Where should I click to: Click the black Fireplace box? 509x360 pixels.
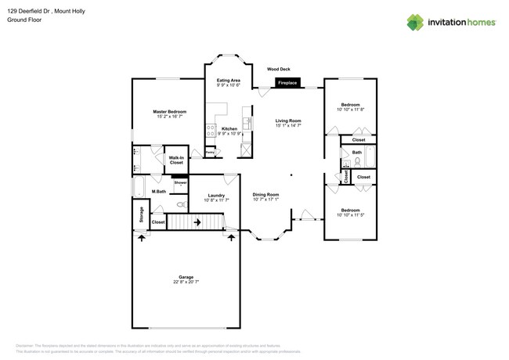pyautogui.click(x=287, y=82)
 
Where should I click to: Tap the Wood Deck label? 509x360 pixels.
pyautogui.click(x=278, y=69)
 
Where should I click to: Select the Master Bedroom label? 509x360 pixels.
pyautogui.click(x=170, y=112)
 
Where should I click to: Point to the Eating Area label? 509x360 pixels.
pyautogui.click(x=229, y=81)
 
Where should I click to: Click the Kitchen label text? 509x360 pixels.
pyautogui.click(x=229, y=128)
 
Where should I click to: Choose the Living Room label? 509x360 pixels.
pyautogui.click(x=288, y=121)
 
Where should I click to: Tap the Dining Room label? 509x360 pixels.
pyautogui.click(x=265, y=195)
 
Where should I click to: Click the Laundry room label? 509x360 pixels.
pyautogui.click(x=216, y=196)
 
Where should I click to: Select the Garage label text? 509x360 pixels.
pyautogui.click(x=186, y=277)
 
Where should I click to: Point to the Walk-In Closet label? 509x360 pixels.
pyautogui.click(x=177, y=160)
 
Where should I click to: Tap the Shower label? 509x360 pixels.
pyautogui.click(x=180, y=182)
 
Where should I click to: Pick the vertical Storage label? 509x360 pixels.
pyautogui.click(x=141, y=214)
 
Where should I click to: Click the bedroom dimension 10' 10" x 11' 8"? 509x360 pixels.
pyautogui.click(x=350, y=110)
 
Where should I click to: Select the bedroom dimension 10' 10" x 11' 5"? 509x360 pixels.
pyautogui.click(x=350, y=214)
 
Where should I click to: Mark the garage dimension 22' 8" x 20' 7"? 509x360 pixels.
pyautogui.click(x=186, y=282)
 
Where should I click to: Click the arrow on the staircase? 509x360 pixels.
pyautogui.click(x=197, y=222)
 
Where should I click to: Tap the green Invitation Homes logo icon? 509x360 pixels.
pyautogui.click(x=415, y=22)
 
